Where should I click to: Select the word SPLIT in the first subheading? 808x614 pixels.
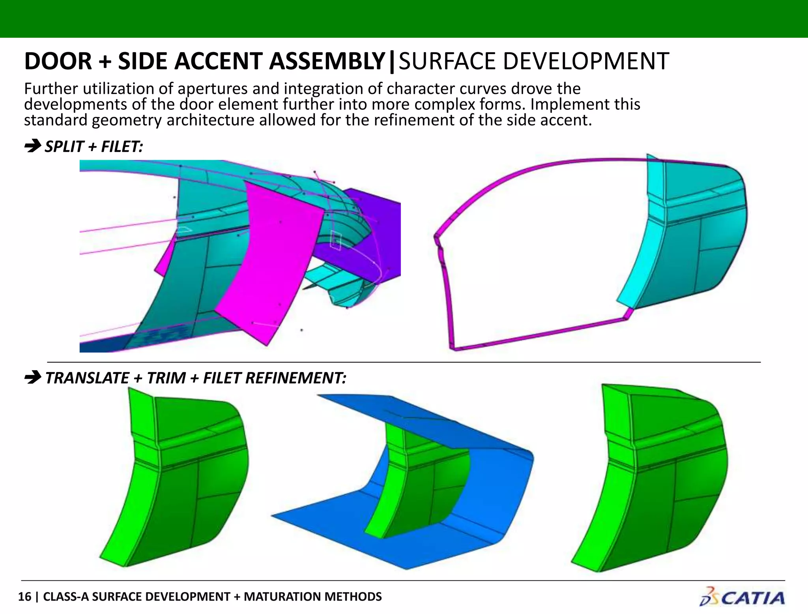pyautogui.click(x=64, y=147)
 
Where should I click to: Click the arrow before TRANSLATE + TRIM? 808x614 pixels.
pyautogui.click(x=32, y=378)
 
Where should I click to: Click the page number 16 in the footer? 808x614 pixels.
pyautogui.click(x=24, y=596)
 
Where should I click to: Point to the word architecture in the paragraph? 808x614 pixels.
pyautogui.click(x=210, y=120)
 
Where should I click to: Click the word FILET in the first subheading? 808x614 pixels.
pyautogui.click(x=122, y=147)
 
